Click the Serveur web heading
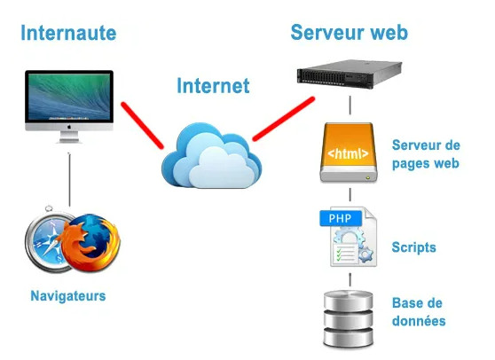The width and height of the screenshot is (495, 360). pos(349,33)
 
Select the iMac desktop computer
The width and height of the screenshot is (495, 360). pos(69,105)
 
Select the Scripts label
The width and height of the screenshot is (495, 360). pos(413,247)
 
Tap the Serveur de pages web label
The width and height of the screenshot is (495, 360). pos(426,153)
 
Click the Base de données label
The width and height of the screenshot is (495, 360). pos(418,311)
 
